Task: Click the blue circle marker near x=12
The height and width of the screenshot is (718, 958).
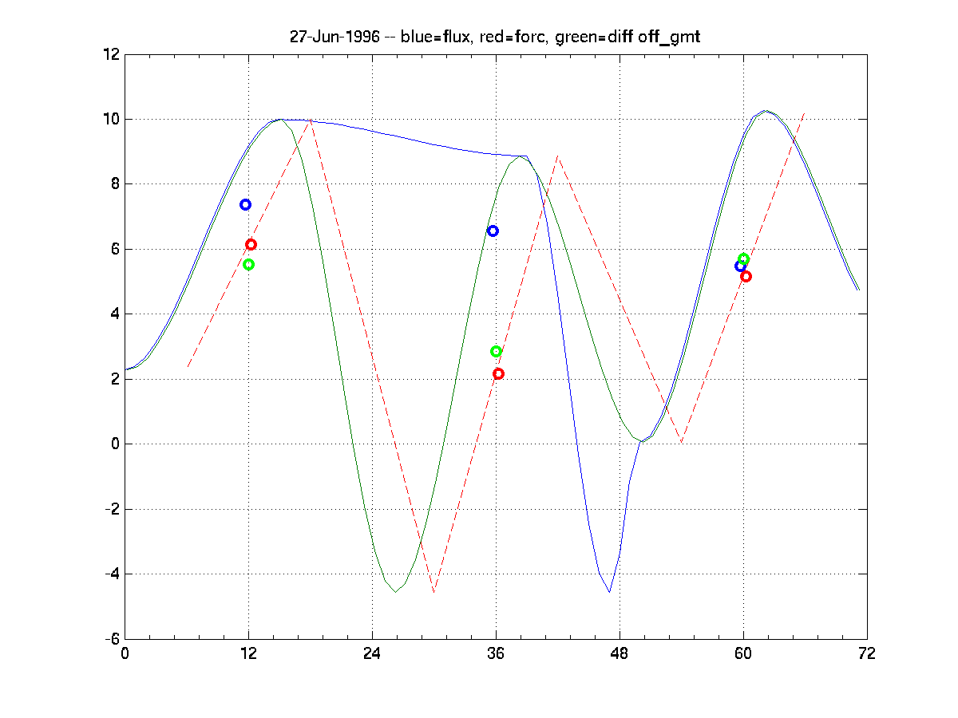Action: pyautogui.click(x=245, y=205)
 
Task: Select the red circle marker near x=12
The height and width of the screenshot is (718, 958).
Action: pyautogui.click(x=251, y=244)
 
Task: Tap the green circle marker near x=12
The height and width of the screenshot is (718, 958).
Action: pyautogui.click(x=248, y=264)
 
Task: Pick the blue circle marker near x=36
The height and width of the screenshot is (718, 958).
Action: pyautogui.click(x=493, y=231)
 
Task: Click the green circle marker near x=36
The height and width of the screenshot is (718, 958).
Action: pyautogui.click(x=496, y=352)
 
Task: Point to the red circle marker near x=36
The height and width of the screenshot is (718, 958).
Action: pyautogui.click(x=498, y=373)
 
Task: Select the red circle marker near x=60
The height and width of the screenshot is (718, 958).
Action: pyautogui.click(x=746, y=276)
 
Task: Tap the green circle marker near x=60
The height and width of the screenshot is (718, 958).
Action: pyautogui.click(x=743, y=258)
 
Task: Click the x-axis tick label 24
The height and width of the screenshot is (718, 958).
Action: pyautogui.click(x=372, y=653)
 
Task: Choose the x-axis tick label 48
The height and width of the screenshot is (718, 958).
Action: pyautogui.click(x=620, y=653)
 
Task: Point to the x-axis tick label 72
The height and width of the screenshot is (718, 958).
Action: pyautogui.click(x=867, y=653)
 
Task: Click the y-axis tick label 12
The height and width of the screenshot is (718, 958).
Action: pyautogui.click(x=111, y=54)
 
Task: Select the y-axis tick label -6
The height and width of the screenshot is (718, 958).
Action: pyautogui.click(x=111, y=638)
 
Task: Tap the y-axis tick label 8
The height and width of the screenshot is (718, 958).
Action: pyautogui.click(x=115, y=184)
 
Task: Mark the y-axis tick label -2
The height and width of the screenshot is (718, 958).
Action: pyautogui.click(x=111, y=509)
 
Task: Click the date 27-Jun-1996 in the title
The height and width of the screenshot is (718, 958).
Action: pyautogui.click(x=335, y=37)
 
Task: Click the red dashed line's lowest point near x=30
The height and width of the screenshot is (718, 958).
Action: pyautogui.click(x=433, y=592)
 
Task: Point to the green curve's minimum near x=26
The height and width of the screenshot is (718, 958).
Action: pyautogui.click(x=395, y=592)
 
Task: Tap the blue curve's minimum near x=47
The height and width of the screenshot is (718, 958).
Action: pyautogui.click(x=609, y=592)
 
